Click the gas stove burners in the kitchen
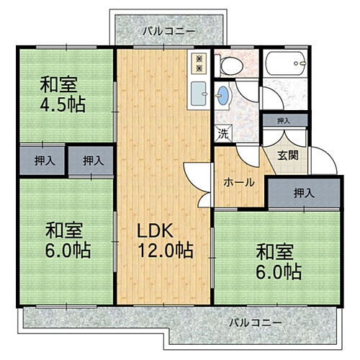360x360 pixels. point(197,63)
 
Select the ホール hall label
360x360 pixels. point(239,182)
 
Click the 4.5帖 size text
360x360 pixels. point(63,104)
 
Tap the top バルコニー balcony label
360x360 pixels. point(168,31)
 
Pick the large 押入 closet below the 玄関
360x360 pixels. point(303,193)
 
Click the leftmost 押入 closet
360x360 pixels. point(42,161)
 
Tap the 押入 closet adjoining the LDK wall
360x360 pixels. point(91,161)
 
